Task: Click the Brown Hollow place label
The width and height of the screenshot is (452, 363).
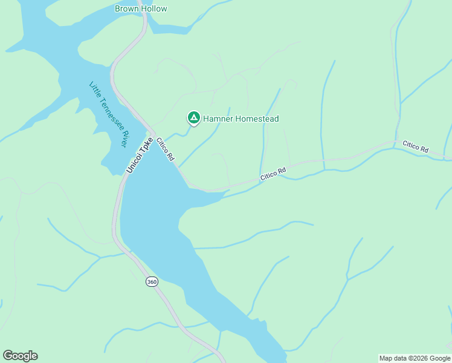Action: [x=141, y=9]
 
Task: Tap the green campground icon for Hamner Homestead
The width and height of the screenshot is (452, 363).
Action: [x=194, y=117]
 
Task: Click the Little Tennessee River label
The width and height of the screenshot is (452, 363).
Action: [x=108, y=114]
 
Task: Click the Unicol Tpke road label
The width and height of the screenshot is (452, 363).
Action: [x=140, y=155]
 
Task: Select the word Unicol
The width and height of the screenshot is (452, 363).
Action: [x=135, y=163]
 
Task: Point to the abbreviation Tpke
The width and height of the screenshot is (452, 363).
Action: [x=146, y=146]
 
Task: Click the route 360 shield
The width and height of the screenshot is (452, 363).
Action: [x=151, y=282]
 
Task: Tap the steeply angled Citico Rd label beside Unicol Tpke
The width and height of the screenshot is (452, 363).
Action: [x=166, y=149]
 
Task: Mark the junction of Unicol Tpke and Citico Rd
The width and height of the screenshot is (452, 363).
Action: [x=153, y=134]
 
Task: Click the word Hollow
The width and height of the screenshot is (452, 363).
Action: [x=154, y=9]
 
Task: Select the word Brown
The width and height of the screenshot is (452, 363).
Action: [x=127, y=9]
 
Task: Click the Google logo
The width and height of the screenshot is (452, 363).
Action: [x=20, y=356]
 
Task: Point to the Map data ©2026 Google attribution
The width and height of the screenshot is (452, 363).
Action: [x=415, y=358]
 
